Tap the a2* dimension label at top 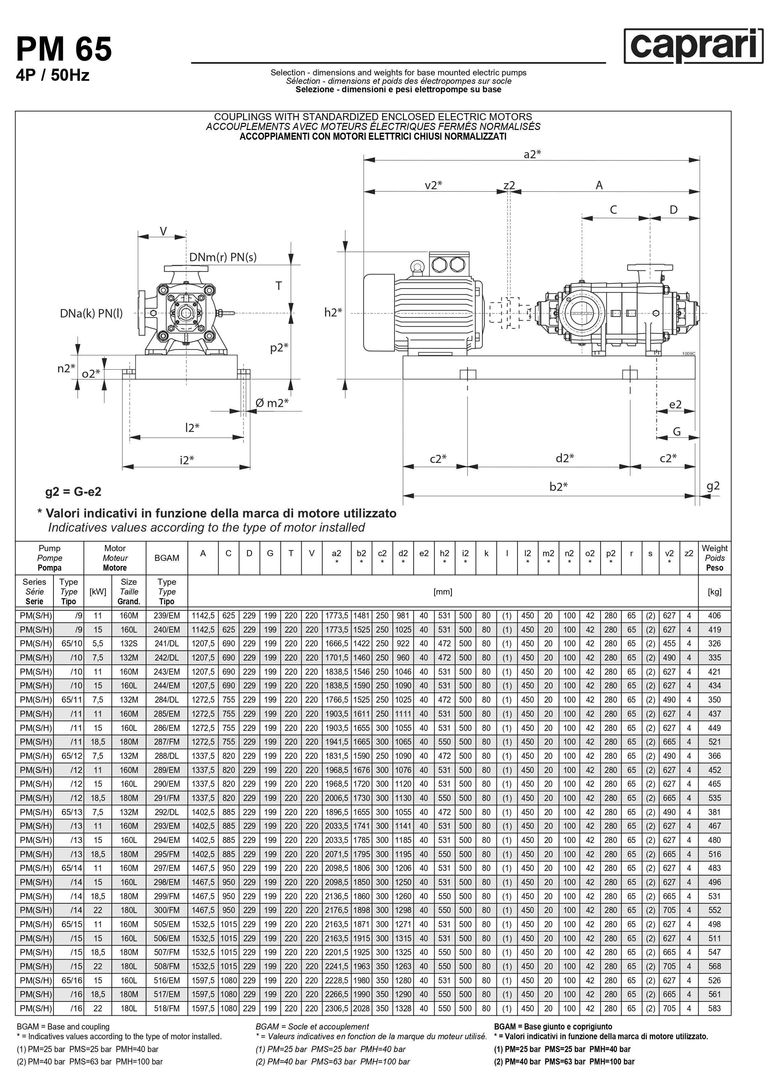[532, 154]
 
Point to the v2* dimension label [433, 185]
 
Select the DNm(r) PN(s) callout [223, 258]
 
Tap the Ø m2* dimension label [272, 403]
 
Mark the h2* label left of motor [333, 312]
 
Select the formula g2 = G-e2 [73, 492]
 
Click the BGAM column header [167, 558]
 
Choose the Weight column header [714, 558]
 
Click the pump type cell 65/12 [72, 756]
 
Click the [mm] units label [443, 591]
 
